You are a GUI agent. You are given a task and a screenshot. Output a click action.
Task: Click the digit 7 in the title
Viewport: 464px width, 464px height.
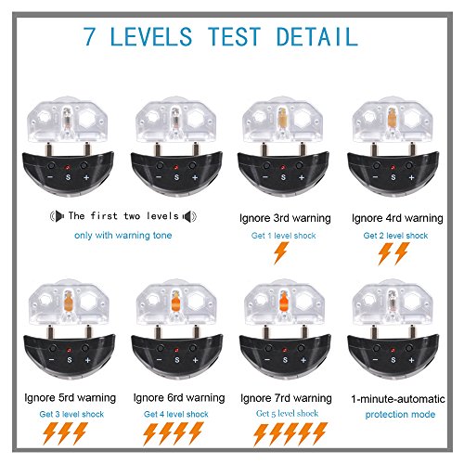click(89, 36)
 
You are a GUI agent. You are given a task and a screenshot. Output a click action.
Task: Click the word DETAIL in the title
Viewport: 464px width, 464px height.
click(317, 36)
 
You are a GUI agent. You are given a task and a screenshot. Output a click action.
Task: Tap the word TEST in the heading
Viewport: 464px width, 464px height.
click(234, 36)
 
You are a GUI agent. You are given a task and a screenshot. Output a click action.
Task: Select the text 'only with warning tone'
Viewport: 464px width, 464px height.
click(123, 236)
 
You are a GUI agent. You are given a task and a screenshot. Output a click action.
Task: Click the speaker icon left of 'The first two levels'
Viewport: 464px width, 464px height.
click(58, 216)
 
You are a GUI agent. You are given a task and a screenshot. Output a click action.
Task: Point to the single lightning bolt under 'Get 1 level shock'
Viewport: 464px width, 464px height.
click(281, 253)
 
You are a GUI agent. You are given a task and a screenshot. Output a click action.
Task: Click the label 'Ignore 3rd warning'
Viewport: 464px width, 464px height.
click(285, 218)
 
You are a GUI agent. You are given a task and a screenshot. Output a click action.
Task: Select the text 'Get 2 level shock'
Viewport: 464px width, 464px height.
click(395, 236)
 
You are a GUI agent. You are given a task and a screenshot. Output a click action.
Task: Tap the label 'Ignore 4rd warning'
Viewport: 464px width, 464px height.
click(397, 218)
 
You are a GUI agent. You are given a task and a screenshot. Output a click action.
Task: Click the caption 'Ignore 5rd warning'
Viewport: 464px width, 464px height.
click(71, 398)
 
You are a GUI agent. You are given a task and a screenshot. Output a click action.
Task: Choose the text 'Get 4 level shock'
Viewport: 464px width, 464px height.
click(176, 414)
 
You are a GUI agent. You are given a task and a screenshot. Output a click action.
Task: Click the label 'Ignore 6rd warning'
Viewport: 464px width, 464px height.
click(179, 398)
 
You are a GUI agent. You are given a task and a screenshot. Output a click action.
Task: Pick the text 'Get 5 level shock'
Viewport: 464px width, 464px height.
click(287, 414)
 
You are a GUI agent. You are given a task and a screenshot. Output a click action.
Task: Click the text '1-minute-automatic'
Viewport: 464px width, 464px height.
click(398, 399)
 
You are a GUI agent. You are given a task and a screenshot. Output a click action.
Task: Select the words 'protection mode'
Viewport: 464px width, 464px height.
click(400, 415)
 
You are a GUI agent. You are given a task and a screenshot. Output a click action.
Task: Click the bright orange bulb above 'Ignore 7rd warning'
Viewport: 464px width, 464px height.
click(284, 302)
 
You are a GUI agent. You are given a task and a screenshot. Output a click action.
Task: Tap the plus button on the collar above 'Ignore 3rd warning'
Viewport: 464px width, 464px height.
click(302, 177)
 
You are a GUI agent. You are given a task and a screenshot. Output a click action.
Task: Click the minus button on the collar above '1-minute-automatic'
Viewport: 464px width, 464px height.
click(375, 360)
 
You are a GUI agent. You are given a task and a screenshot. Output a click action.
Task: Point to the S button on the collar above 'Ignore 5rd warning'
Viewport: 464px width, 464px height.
click(70, 360)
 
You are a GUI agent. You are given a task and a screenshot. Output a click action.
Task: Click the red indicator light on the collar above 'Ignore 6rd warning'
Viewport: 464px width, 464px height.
click(176, 351)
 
